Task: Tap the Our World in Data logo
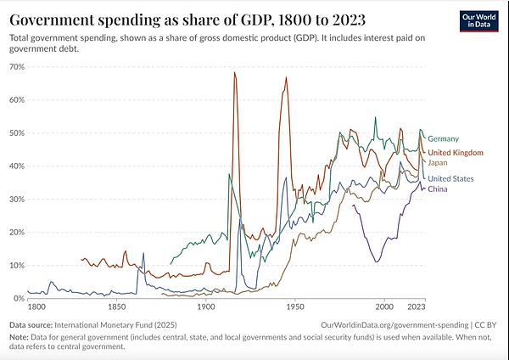[x=473, y=20]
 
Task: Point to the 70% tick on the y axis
[x=16, y=66]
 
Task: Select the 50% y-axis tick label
[x=16, y=132]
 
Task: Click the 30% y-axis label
[x=16, y=199]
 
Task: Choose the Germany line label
[x=444, y=138]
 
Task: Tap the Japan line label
[x=438, y=161]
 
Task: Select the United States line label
[x=451, y=178]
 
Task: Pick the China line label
[x=438, y=188]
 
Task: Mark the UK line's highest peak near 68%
[x=234, y=73]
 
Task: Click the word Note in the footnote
[x=19, y=337]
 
